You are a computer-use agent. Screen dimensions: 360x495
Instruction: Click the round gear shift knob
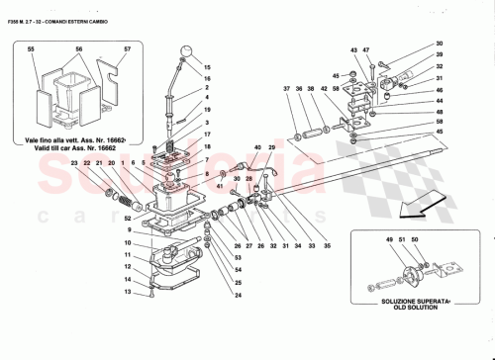186,52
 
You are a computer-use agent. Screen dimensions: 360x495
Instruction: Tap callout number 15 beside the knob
208,67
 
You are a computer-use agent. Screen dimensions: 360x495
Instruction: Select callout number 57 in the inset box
127,48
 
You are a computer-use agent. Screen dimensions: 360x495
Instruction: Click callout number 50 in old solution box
428,240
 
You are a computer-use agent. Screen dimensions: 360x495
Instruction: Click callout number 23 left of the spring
74,162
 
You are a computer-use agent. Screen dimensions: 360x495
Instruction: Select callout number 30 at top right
440,44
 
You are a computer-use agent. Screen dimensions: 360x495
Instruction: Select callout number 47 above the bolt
366,49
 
